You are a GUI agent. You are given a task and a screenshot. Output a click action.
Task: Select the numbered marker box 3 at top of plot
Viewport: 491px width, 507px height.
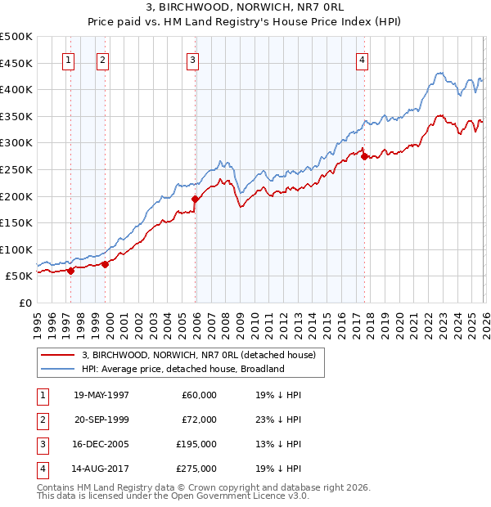(x=192, y=59)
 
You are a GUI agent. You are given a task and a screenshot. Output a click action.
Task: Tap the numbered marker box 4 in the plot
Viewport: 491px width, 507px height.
(x=361, y=59)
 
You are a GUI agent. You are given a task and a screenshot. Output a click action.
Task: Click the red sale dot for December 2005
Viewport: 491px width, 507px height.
(x=195, y=199)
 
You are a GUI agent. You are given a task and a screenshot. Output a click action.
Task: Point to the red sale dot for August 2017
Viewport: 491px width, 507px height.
(x=364, y=156)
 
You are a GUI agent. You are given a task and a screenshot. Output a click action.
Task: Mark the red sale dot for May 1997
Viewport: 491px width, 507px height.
(x=71, y=271)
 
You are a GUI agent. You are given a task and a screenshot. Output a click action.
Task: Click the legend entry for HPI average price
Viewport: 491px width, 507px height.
(x=182, y=369)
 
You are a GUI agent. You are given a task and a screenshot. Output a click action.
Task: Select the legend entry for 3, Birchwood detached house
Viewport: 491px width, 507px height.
(x=203, y=354)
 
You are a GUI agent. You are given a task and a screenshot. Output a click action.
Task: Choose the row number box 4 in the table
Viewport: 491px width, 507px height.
(x=42, y=469)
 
